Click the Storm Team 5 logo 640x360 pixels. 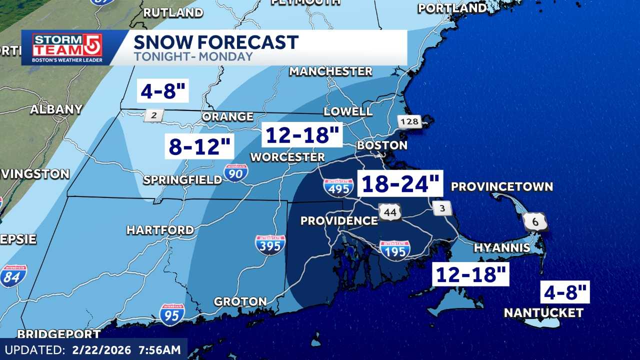(x=67, y=47)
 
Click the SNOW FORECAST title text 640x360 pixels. (x=216, y=42)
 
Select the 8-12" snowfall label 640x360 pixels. (x=199, y=146)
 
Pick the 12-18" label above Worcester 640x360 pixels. (x=302, y=135)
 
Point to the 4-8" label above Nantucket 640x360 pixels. (x=565, y=291)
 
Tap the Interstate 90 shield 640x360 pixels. (x=235, y=172)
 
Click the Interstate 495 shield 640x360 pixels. (x=338, y=187)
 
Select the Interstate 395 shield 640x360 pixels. (x=270, y=245)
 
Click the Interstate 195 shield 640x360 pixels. (x=394, y=249)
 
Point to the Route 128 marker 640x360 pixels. (x=409, y=121)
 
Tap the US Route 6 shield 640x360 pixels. (x=535, y=221)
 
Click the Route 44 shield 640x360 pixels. (x=389, y=212)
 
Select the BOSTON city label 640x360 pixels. (x=381, y=145)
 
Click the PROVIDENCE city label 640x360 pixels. (x=339, y=220)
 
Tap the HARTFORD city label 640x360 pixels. (x=160, y=230)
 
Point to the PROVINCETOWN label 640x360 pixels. (x=501, y=186)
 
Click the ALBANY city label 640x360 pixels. (x=56, y=109)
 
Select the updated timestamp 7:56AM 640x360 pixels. (x=156, y=349)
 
